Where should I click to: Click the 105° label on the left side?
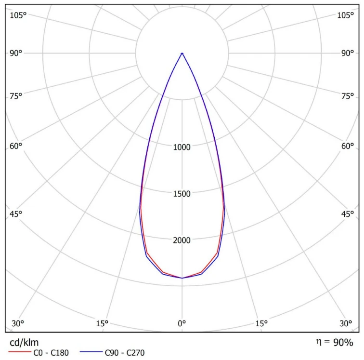pyautogui.click(x=18, y=15)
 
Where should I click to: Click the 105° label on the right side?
pyautogui.click(x=345, y=15)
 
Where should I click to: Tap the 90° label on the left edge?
pyautogui.click(x=16, y=53)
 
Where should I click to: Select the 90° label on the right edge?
pyautogui.click(x=348, y=53)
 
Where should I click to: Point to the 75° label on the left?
pyautogui.click(x=16, y=96)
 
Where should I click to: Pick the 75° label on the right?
pyautogui.click(x=348, y=96)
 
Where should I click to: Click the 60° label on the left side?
pyautogui.click(x=16, y=146)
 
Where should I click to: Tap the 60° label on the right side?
pyautogui.click(x=348, y=146)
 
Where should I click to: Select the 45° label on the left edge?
pyautogui.click(x=16, y=214)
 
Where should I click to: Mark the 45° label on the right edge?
pyautogui.click(x=348, y=214)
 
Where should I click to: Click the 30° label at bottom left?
pyautogui.click(x=18, y=323)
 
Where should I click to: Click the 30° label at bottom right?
pyautogui.click(x=346, y=323)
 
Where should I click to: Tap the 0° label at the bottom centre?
pyautogui.click(x=182, y=323)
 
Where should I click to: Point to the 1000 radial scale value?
pyautogui.click(x=182, y=147)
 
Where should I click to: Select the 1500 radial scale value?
pyautogui.click(x=182, y=194)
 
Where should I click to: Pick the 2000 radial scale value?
pyautogui.click(x=182, y=240)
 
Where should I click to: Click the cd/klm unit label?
pyautogui.click(x=24, y=343)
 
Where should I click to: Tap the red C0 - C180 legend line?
pyautogui.click(x=20, y=352)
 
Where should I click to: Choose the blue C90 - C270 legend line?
pyautogui.click(x=91, y=352)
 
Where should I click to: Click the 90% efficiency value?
pyautogui.click(x=343, y=343)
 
